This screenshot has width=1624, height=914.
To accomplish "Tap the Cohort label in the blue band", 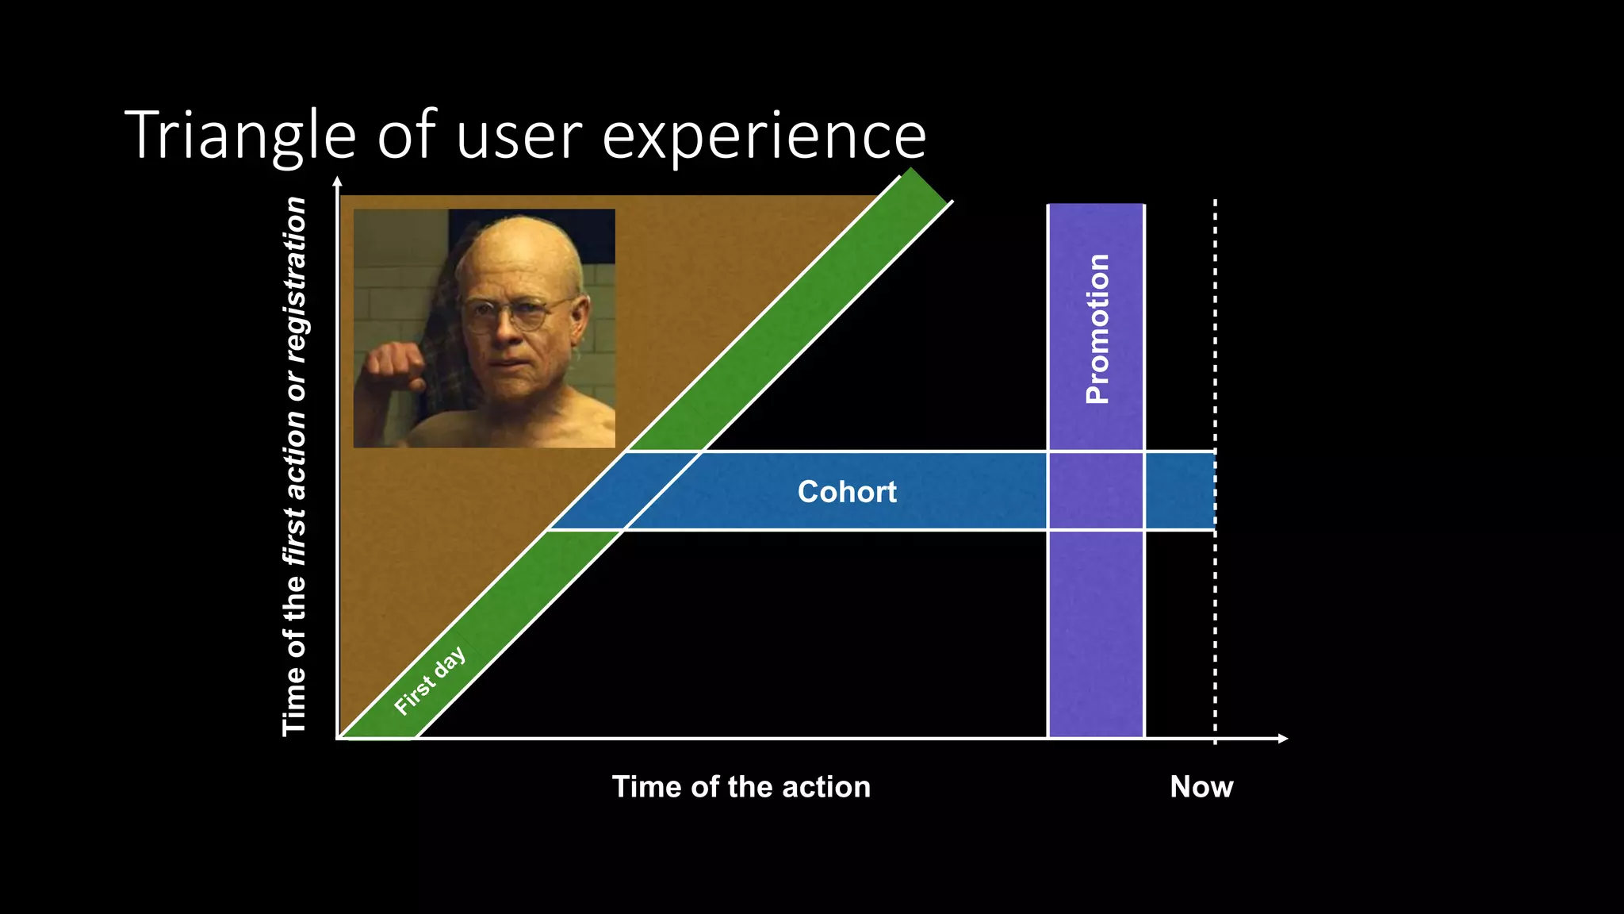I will (847, 492).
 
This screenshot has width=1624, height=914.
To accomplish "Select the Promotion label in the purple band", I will (1097, 328).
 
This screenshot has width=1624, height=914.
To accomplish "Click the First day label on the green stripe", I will (429, 682).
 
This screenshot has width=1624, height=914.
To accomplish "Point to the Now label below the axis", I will (1201, 787).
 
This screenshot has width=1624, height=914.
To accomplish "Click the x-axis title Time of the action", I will (741, 787).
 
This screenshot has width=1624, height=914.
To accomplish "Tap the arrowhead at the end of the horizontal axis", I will (1282, 739).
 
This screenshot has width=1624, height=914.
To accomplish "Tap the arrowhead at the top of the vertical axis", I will (338, 182).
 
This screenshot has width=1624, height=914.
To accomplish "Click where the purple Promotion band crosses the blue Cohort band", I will (1096, 491).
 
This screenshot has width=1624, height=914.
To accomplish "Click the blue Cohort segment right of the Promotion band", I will (1179, 491).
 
